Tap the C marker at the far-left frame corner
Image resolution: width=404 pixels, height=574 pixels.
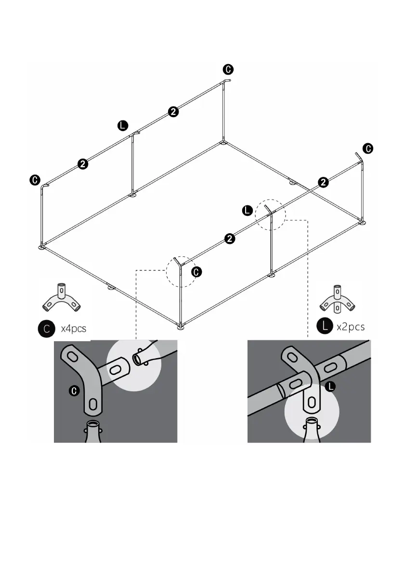click(x=35, y=180)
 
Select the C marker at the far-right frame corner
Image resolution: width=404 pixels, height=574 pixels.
click(x=367, y=148)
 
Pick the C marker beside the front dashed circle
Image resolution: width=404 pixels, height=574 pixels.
click(x=197, y=272)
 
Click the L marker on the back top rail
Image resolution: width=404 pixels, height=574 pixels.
click(x=123, y=126)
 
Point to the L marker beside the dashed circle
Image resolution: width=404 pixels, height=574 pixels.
click(x=247, y=210)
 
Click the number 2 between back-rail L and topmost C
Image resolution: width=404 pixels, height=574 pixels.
click(x=173, y=112)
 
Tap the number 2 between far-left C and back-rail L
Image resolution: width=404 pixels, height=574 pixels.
click(x=83, y=164)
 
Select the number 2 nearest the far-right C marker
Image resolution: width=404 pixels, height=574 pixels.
click(x=324, y=182)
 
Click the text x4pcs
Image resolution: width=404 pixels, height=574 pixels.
click(x=73, y=330)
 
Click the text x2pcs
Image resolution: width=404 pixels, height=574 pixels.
click(x=351, y=326)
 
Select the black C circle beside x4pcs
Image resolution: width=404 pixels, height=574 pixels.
click(x=46, y=330)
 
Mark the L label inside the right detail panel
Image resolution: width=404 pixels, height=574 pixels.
click(x=331, y=386)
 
